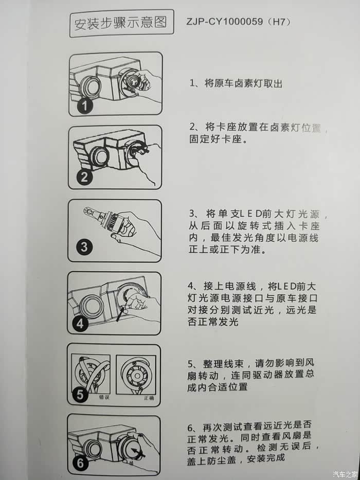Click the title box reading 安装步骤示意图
click(121, 24)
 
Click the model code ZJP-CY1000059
click(224, 22)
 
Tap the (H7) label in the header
click(278, 22)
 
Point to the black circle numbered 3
click(84, 247)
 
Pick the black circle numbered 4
click(80, 324)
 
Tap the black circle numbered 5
click(80, 395)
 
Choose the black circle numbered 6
click(80, 463)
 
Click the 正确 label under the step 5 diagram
click(149, 398)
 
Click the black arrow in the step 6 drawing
click(138, 452)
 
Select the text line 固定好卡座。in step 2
click(218, 139)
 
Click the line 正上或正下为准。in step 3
click(227, 250)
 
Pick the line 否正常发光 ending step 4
click(213, 322)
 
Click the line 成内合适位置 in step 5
click(218, 387)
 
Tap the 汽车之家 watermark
click(345, 474)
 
